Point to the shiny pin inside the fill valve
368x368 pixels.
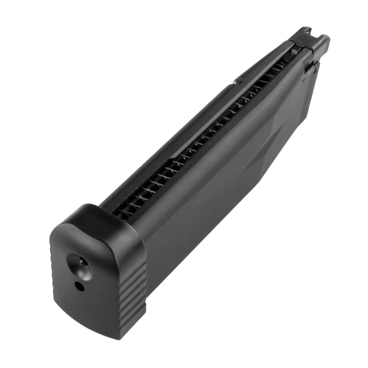point(81,261)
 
